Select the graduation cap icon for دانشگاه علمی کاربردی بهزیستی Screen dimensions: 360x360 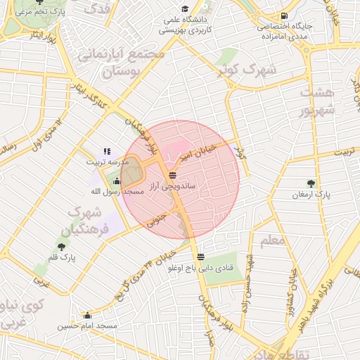(184, 9)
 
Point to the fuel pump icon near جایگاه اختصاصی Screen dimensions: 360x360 (283, 15)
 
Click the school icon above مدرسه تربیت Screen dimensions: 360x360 (107, 150)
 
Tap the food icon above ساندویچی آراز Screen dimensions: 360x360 (173, 175)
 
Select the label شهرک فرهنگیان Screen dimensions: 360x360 (89, 221)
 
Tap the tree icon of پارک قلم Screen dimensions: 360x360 (62, 247)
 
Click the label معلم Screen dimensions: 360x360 (272, 241)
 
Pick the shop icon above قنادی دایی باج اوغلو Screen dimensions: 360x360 (202, 256)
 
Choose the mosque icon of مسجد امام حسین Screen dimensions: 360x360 (87, 315)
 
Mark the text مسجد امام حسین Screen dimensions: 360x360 (87, 326)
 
